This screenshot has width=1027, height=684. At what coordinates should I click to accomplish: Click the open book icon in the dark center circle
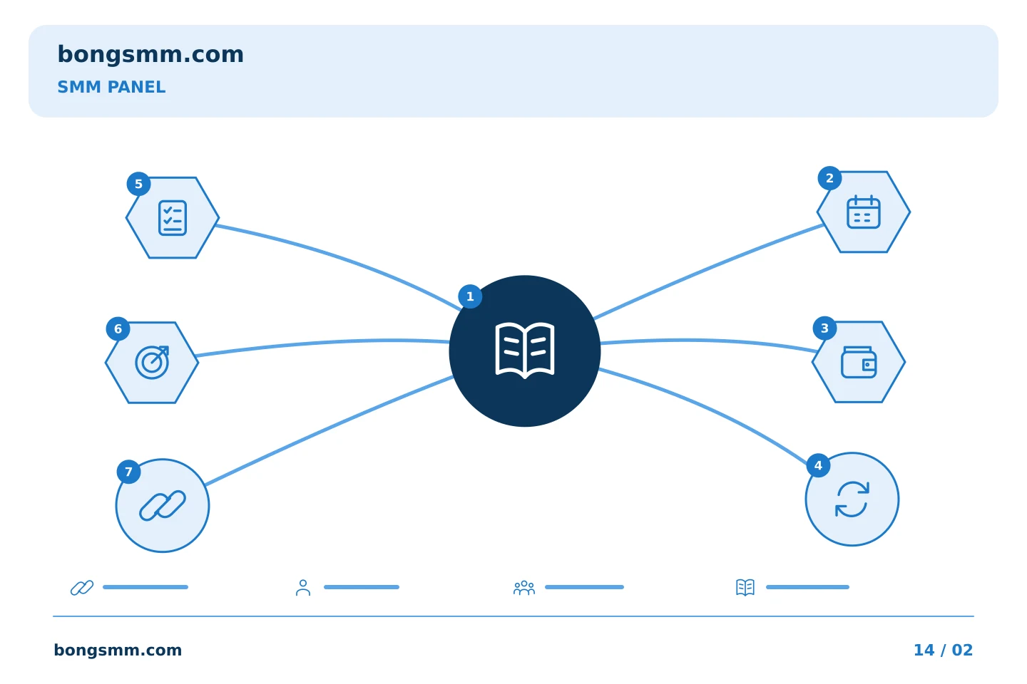525,351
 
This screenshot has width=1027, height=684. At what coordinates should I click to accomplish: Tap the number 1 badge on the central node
470,296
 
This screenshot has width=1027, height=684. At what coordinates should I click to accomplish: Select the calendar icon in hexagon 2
863,212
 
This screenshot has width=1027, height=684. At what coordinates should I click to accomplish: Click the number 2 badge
829,178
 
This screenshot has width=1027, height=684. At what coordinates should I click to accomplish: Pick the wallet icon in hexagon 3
859,362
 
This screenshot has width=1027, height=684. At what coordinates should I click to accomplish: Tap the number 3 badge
824,328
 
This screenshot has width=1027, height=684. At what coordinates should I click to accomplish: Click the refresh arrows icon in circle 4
852,499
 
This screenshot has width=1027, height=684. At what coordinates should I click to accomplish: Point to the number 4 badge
818,465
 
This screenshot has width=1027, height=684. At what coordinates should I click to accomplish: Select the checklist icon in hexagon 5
173,217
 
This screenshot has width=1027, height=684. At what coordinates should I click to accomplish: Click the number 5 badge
138,184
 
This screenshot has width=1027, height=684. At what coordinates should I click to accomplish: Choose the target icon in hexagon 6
152,362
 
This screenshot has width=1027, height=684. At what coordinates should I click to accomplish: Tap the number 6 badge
118,328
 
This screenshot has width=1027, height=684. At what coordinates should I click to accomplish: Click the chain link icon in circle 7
163,506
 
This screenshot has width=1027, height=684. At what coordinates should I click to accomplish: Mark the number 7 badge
128,472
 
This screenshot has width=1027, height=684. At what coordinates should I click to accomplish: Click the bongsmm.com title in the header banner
150,55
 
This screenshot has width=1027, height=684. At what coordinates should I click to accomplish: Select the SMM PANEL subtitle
111,87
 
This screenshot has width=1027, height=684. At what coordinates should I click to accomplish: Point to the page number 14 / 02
943,650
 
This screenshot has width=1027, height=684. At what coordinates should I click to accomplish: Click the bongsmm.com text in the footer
118,650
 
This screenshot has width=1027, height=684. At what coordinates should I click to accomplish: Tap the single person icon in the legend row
303,587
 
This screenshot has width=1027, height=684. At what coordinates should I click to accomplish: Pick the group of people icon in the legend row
524,587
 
